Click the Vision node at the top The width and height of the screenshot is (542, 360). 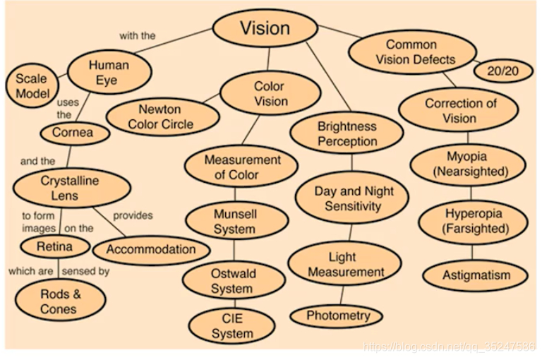pos(265,29)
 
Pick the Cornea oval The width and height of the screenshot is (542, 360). pos(72,132)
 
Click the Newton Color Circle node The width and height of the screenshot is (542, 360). pos(159,117)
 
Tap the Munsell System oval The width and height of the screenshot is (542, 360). pos(235,222)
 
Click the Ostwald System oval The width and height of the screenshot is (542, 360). pos(232,280)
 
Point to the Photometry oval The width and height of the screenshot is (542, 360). pos(338,316)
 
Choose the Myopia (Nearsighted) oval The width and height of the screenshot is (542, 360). pos(471,163)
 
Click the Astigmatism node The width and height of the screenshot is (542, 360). pos(475,275)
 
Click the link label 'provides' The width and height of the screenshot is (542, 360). pos(132,216)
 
